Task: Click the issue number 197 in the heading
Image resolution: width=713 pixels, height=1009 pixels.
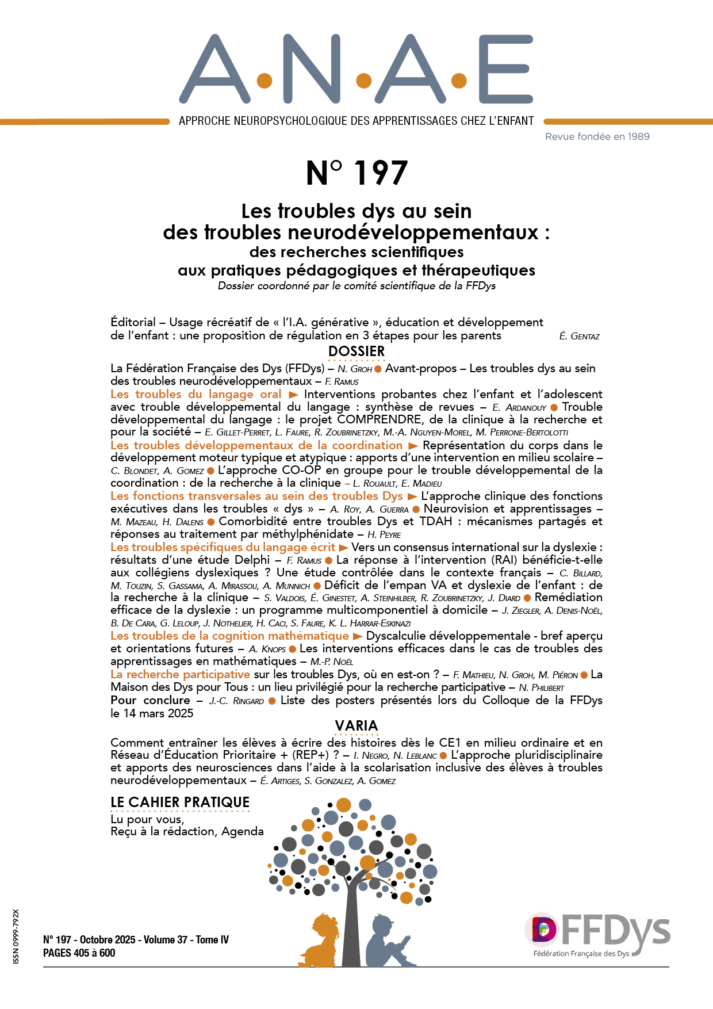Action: click(381, 173)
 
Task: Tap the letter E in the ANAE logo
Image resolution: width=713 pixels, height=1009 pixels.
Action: click(505, 69)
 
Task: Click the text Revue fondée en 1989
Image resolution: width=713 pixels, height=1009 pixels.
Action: click(597, 137)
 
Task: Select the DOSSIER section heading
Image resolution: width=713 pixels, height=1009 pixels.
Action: click(356, 351)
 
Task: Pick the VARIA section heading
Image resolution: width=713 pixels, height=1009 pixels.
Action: click(356, 726)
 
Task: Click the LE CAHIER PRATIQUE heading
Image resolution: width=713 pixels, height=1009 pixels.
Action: click(180, 802)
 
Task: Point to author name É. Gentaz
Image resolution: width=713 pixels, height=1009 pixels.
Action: click(579, 337)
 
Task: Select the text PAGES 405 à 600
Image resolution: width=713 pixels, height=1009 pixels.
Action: click(79, 953)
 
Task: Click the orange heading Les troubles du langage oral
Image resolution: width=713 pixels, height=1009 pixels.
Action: click(196, 395)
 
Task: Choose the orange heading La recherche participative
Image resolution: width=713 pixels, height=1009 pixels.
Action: click(180, 675)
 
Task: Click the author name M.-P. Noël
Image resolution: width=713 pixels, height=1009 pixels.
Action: click(332, 662)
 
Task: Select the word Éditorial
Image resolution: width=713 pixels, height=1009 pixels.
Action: click(133, 322)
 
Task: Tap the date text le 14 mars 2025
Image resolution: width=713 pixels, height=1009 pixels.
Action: click(152, 713)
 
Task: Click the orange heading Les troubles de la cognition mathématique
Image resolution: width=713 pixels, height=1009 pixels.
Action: click(229, 636)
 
